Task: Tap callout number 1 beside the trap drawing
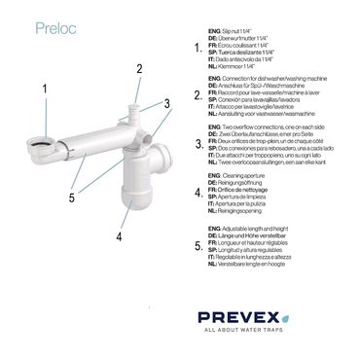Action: coord(44,89)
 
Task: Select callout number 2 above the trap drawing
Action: coord(140,68)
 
